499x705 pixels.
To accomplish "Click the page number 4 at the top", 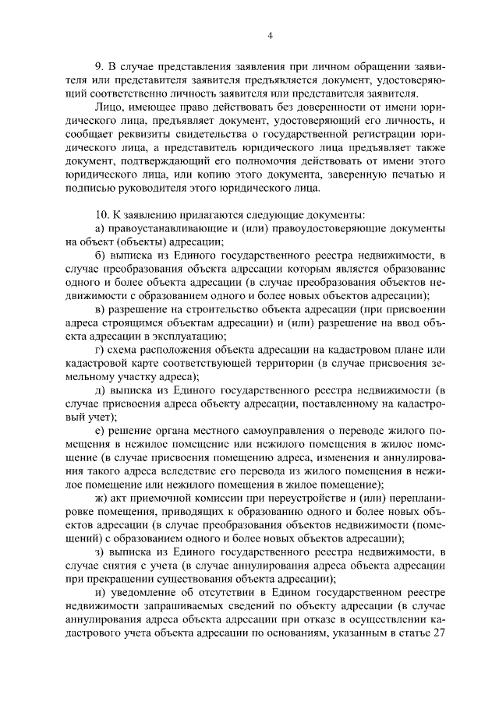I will pyautogui.click(x=269, y=34).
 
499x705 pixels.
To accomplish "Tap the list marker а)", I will pyautogui.click(x=99, y=227).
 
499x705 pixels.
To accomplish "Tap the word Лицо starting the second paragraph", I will pyautogui.click(x=107, y=106).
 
